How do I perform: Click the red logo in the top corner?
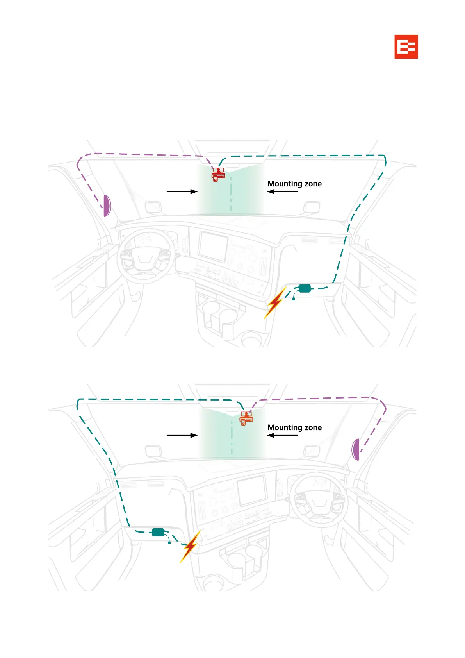406,46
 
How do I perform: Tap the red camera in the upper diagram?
218,175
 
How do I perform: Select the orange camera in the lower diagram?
246,418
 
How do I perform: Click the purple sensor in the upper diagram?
107,206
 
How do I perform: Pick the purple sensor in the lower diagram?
355,449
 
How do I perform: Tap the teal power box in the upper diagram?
305,288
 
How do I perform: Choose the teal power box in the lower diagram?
158,532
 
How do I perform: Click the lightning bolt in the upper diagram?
275,303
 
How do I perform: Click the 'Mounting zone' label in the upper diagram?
294,184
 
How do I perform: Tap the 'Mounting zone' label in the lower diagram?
294,427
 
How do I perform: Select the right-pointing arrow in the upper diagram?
182,191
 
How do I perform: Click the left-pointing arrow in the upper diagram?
283,191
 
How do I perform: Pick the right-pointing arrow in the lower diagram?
182,435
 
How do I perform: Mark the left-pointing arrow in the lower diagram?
283,435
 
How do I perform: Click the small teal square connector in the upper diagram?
293,299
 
